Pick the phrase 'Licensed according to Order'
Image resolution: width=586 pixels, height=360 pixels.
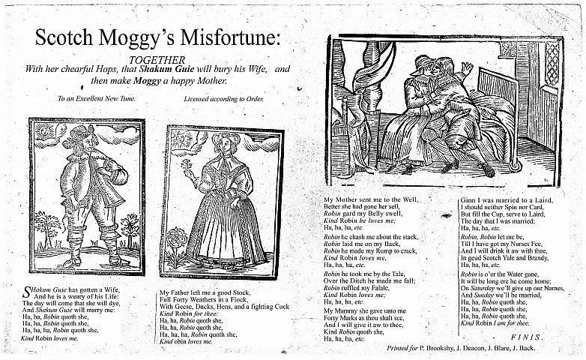pyautogui.click(x=224, y=98)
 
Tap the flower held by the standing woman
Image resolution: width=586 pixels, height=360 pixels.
pyautogui.click(x=189, y=162)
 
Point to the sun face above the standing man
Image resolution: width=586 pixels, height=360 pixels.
pyautogui.click(x=44, y=131)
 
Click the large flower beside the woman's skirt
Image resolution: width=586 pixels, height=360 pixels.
pyautogui.click(x=177, y=240)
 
